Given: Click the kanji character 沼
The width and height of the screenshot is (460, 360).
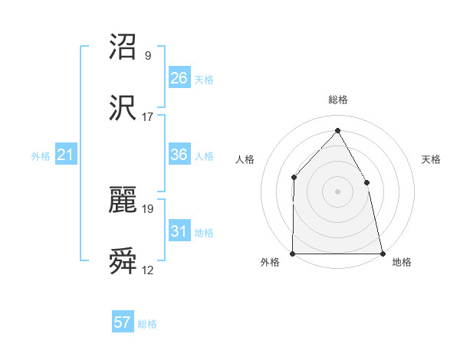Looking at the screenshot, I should click(123, 47).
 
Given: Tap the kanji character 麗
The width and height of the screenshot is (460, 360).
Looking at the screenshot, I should click(123, 201).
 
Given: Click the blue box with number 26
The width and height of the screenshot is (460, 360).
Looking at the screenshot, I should click(179, 78).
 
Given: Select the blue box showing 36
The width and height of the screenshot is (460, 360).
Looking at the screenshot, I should click(179, 155).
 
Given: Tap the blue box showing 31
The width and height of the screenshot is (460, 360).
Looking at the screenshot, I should click(179, 231).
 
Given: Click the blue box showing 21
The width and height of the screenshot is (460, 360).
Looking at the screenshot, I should click(66, 155).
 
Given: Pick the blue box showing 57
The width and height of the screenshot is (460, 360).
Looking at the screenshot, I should click(123, 322).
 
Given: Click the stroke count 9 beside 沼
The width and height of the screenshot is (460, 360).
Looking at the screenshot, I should click(147, 55).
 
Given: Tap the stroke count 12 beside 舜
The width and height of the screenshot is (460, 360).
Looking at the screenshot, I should click(147, 270).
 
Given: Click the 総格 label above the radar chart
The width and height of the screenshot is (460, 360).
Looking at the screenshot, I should click(337, 100).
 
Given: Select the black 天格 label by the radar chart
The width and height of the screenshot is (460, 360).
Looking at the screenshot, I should click(432, 160).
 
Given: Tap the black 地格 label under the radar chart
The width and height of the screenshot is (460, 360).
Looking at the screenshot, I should click(402, 262).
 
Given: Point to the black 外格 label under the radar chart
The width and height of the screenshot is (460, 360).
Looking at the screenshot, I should click(270, 262).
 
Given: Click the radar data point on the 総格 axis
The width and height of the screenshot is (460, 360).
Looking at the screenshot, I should click(337, 130).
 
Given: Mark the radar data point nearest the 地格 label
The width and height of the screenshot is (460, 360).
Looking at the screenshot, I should click(382, 253).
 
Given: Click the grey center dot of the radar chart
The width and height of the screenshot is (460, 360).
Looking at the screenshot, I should click(337, 191).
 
